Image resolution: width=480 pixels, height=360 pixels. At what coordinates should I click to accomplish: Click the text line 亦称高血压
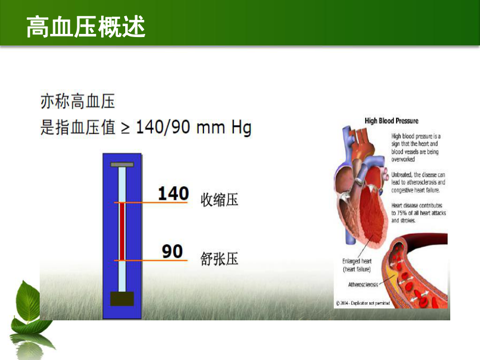pyautogui.click(x=78, y=101)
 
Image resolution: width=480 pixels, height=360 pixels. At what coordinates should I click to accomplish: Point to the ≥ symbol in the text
pyautogui.click(x=125, y=128)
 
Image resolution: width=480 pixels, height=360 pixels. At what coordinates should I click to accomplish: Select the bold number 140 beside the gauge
pyautogui.click(x=173, y=194)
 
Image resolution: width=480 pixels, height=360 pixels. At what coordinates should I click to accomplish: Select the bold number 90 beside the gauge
pyautogui.click(x=172, y=252)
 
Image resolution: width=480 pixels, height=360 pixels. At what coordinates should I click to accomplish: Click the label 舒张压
pyautogui.click(x=219, y=258)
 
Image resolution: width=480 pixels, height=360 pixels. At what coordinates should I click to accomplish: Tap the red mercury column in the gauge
pyautogui.click(x=122, y=232)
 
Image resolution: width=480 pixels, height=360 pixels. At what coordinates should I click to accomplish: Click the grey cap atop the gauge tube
pyautogui.click(x=122, y=165)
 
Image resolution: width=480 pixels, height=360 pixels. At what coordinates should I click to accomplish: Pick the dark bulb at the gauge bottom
pyautogui.click(x=122, y=298)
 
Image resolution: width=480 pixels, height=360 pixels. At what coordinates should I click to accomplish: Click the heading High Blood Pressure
pyautogui.click(x=391, y=121)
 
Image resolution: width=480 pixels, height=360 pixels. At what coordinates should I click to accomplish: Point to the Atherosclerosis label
pyautogui.click(x=363, y=285)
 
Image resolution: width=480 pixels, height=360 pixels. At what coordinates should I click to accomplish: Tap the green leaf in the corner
pyautogui.click(x=29, y=303)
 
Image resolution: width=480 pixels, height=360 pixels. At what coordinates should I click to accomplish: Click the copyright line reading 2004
pyautogui.click(x=363, y=303)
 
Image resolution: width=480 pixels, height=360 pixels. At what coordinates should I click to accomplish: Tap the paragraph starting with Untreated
pyautogui.click(x=418, y=183)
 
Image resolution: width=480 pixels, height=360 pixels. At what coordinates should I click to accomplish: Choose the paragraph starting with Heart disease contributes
pyautogui.click(x=418, y=213)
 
